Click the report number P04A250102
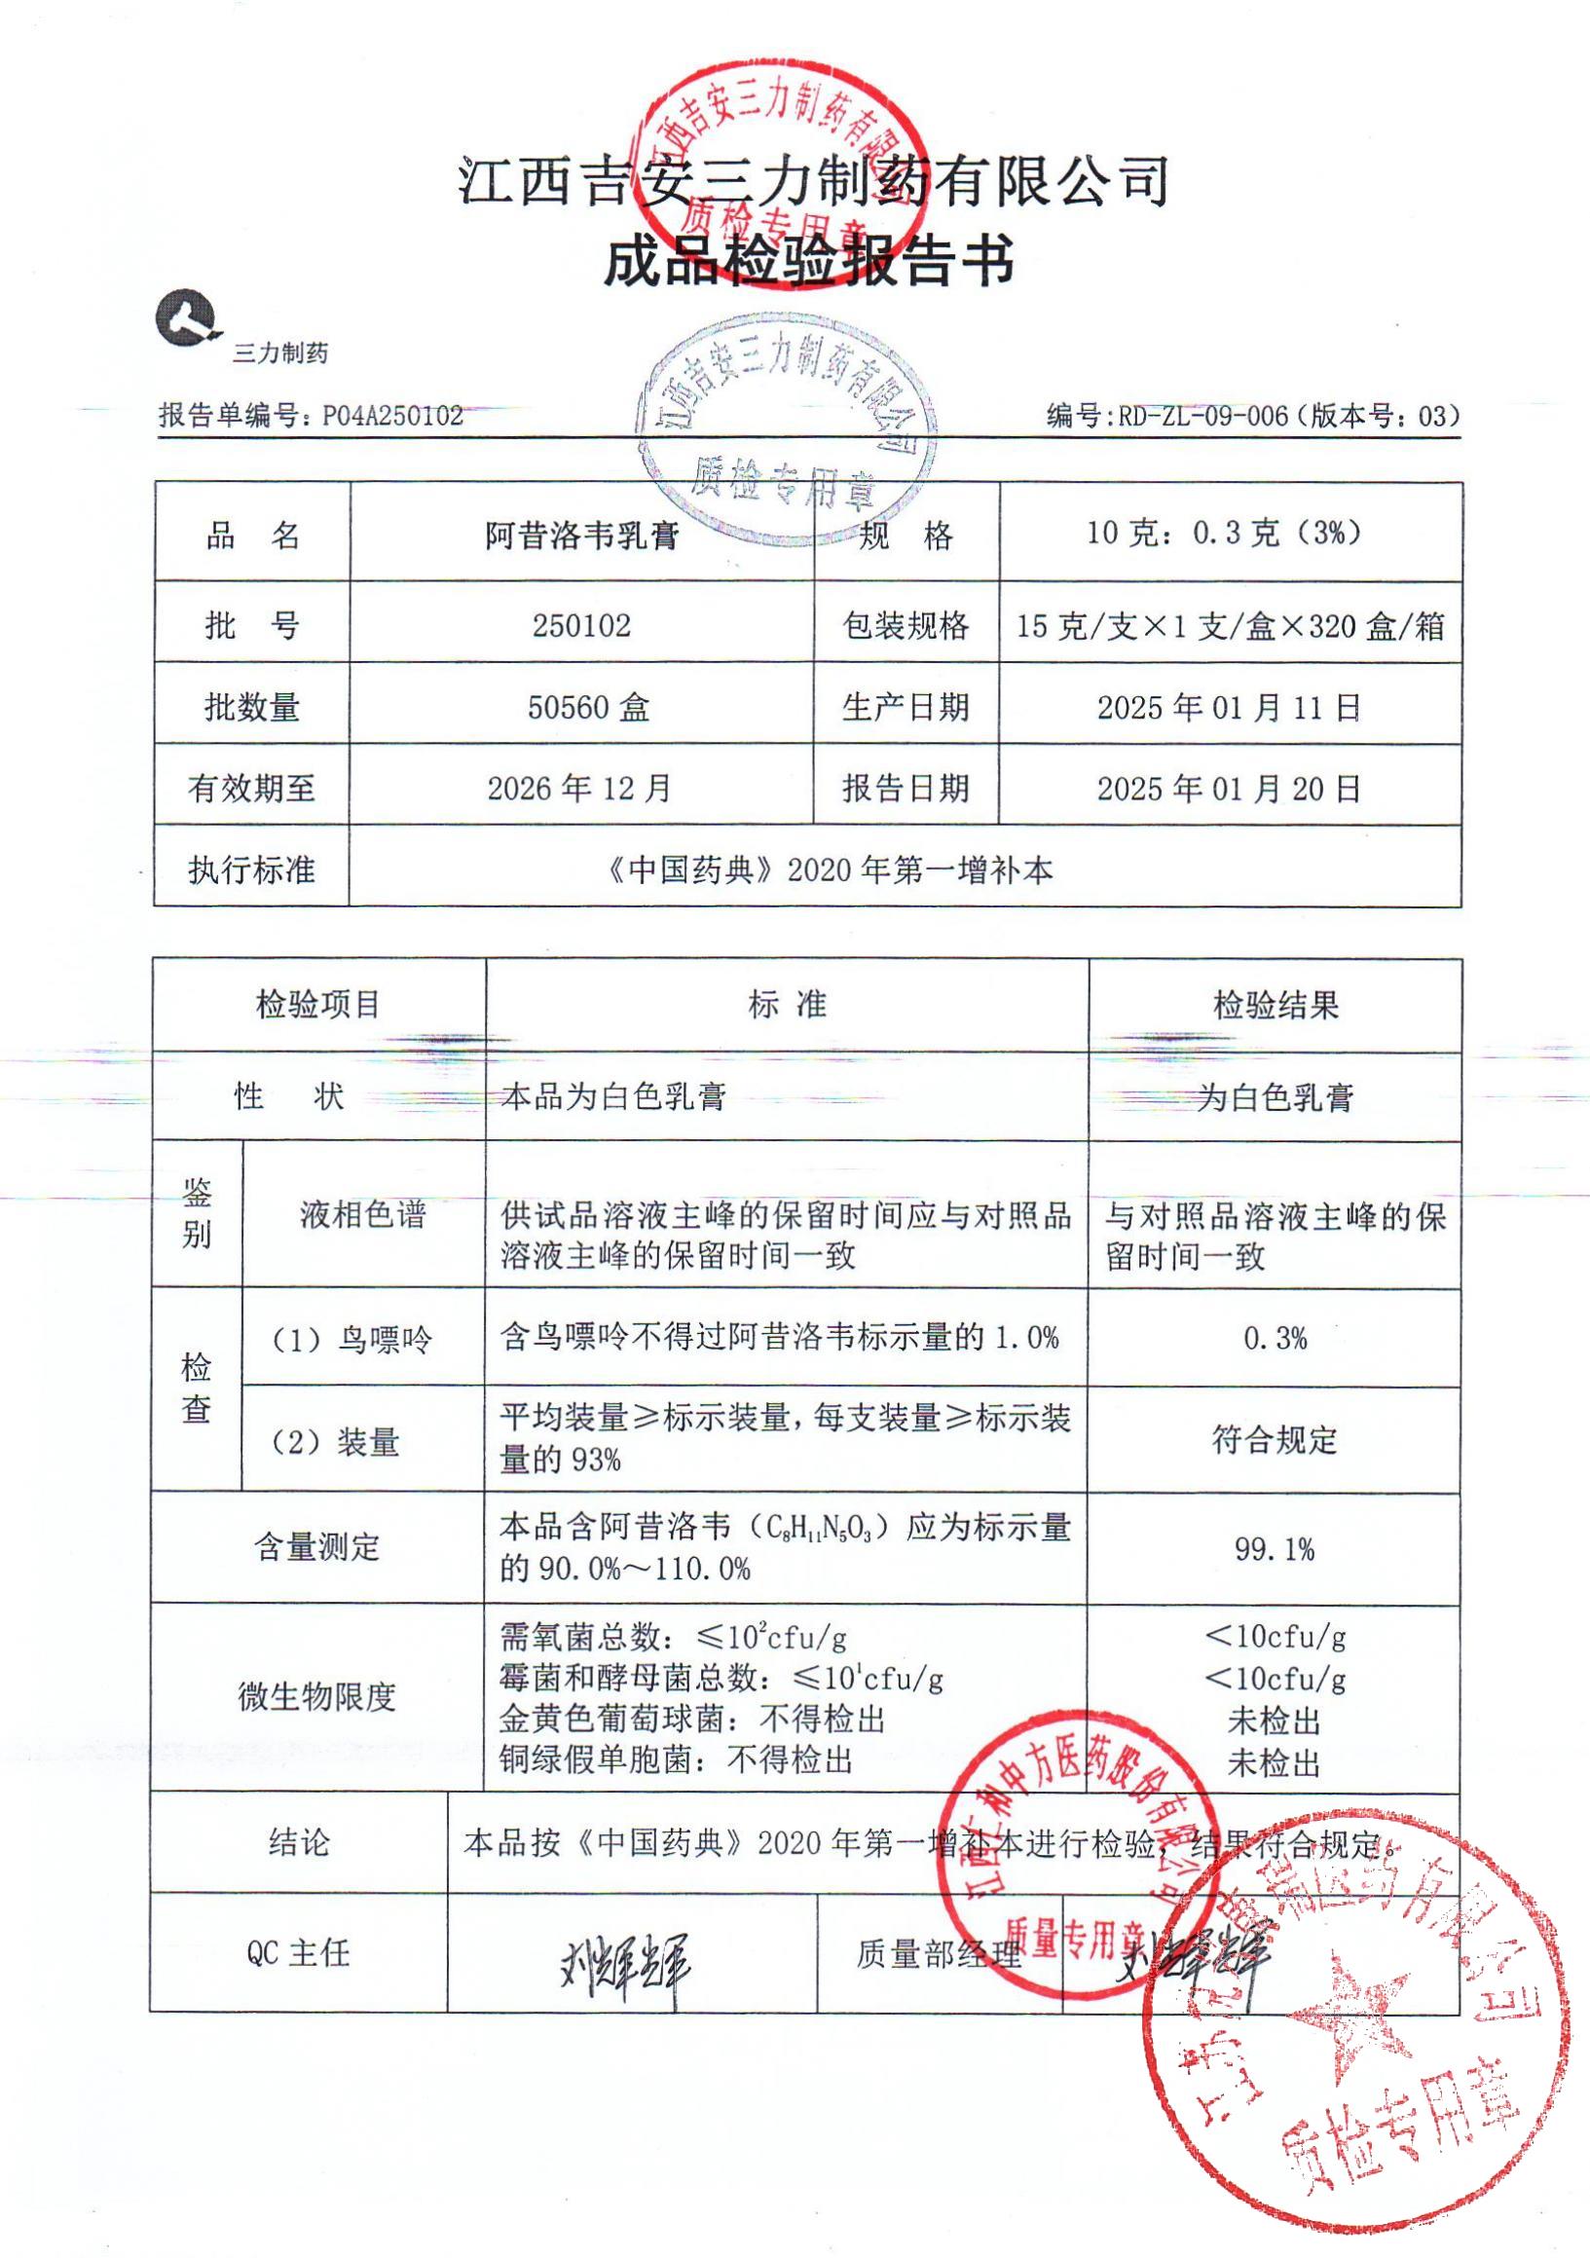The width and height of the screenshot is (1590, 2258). (392, 416)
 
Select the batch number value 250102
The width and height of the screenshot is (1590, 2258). (581, 625)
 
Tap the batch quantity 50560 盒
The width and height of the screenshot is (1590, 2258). (588, 707)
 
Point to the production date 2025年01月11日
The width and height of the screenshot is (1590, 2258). (1229, 707)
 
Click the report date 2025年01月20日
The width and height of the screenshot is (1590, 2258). (1229, 789)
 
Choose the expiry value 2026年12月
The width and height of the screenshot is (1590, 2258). (580, 789)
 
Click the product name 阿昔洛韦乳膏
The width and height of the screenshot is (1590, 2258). (582, 536)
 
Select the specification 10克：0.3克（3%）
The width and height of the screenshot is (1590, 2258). (1224, 533)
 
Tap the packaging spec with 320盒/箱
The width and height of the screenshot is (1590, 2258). (1230, 625)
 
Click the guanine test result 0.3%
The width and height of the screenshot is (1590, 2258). (1275, 1339)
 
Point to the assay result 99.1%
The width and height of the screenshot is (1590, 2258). (1275, 1551)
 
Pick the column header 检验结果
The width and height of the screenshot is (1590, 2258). (1276, 1005)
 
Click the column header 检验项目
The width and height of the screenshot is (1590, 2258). (318, 1005)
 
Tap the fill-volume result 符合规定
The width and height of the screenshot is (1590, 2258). (1275, 1441)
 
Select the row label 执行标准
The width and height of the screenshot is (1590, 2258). (252, 870)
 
